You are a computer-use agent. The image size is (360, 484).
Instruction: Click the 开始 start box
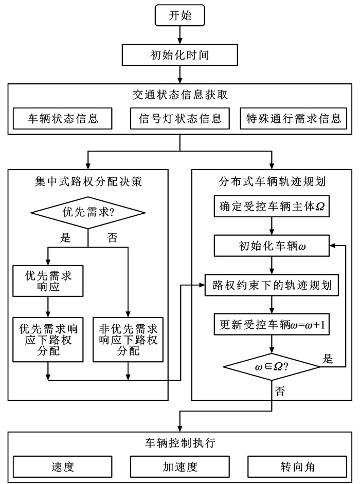(x=180, y=16)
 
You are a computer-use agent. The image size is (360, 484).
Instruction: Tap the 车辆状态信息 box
(x=63, y=119)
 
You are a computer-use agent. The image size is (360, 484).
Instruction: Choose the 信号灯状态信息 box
(x=180, y=119)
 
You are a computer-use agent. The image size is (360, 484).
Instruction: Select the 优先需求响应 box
(x=47, y=281)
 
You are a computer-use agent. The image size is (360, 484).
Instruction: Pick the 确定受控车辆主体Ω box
(x=272, y=208)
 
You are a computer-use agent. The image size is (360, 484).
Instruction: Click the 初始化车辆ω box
(x=272, y=246)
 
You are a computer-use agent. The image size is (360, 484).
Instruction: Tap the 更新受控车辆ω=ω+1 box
(x=272, y=325)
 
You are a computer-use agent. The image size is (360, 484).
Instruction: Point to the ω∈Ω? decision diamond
(x=272, y=367)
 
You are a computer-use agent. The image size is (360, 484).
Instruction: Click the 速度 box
(x=63, y=467)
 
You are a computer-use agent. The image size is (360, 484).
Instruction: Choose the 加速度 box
(x=180, y=467)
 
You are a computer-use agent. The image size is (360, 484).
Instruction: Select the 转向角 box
(x=297, y=467)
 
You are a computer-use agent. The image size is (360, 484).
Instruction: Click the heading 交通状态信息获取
(x=180, y=95)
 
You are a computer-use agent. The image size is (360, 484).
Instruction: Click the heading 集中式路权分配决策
(x=88, y=181)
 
